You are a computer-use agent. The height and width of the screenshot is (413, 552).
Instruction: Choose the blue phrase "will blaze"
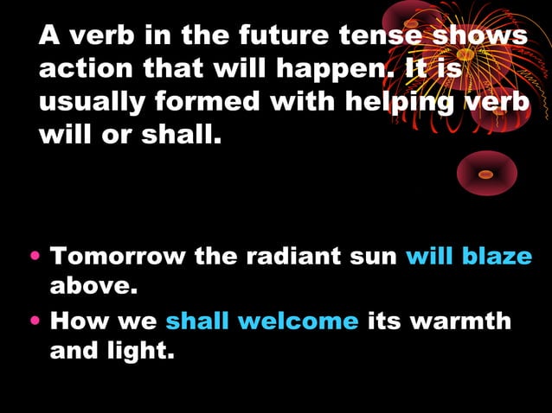pyautogui.click(x=469, y=257)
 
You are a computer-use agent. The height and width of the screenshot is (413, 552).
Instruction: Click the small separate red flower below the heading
pyautogui.click(x=486, y=174)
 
